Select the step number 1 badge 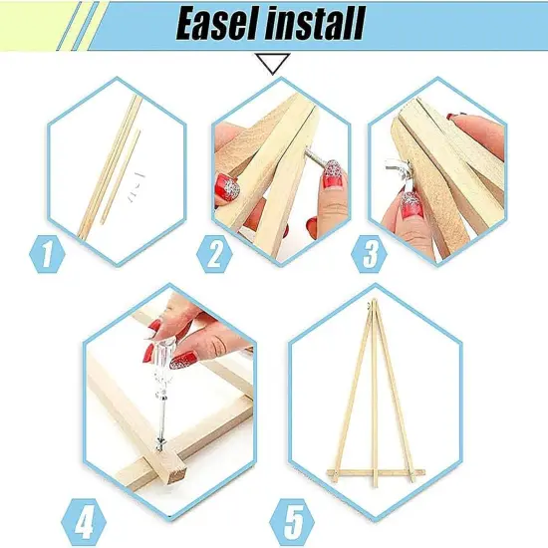click(x=45, y=254)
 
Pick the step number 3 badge click(x=371, y=254)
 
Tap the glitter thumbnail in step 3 click(x=410, y=205)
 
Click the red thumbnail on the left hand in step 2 click(x=229, y=186)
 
